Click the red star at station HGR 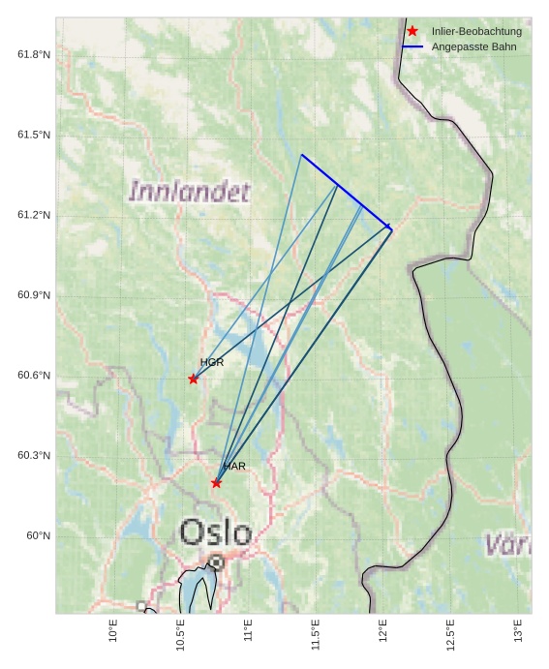point(194,379)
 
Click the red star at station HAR point(216,483)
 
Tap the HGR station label point(212,362)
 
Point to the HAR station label point(234,467)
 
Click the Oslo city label point(216,532)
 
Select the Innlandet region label point(190,192)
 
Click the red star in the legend point(412,31)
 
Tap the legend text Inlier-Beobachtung point(476,31)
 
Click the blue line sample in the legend point(412,46)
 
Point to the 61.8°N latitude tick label point(34,54)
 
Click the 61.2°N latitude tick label point(34,215)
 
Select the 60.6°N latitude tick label point(34,376)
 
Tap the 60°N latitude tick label point(39,536)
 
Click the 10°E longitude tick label point(114,630)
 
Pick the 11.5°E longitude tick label point(316,634)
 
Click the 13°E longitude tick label point(518,630)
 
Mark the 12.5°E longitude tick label point(450,634)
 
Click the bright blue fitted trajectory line point(345,191)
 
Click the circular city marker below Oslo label point(216,562)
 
